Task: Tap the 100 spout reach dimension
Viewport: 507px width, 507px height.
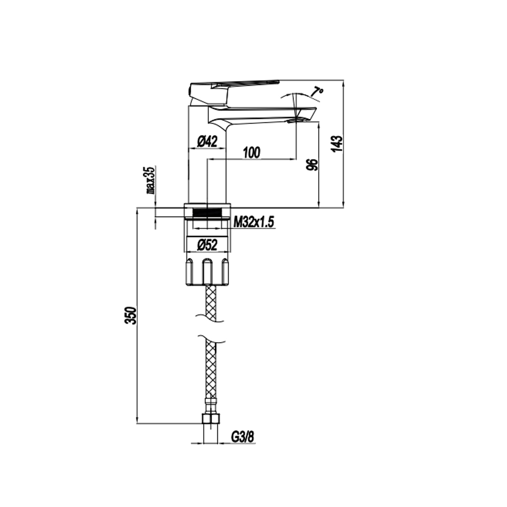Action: [x=252, y=152]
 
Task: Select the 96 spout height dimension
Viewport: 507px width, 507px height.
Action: [x=314, y=165]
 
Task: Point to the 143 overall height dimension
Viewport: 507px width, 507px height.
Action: [x=337, y=144]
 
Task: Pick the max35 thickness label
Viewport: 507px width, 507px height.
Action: [x=150, y=180]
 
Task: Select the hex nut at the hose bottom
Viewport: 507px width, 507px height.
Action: [x=210, y=419]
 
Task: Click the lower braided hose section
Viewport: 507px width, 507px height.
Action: [x=211, y=368]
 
